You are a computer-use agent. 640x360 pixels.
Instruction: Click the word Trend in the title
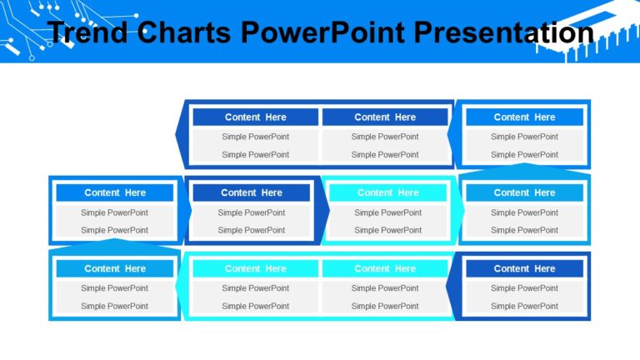pyautogui.click(x=88, y=32)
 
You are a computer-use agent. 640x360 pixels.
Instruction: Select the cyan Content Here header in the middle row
pyautogui.click(x=387, y=192)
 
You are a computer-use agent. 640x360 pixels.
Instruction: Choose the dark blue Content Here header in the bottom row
pyautogui.click(x=524, y=268)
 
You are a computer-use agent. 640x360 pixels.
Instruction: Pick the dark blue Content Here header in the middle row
pyautogui.click(x=251, y=192)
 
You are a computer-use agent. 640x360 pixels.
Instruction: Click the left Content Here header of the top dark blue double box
pyautogui.click(x=255, y=117)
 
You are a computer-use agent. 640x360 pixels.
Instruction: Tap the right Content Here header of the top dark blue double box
pyautogui.click(x=385, y=117)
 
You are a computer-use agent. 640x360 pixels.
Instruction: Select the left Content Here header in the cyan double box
pyautogui.click(x=255, y=268)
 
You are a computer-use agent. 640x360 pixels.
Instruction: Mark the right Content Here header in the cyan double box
pyautogui.click(x=385, y=268)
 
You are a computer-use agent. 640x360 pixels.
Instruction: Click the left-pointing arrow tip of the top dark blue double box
pyautogui.click(x=178, y=133)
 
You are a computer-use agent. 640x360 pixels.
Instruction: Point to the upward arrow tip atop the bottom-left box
pyautogui.click(x=115, y=242)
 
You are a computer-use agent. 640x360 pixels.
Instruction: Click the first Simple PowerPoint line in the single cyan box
pyautogui.click(x=387, y=212)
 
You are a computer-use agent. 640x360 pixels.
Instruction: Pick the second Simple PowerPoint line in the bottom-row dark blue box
pyautogui.click(x=524, y=306)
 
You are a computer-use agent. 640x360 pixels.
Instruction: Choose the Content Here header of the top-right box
pyautogui.click(x=524, y=117)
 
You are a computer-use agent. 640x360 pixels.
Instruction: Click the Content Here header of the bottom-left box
pyautogui.click(x=115, y=268)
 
